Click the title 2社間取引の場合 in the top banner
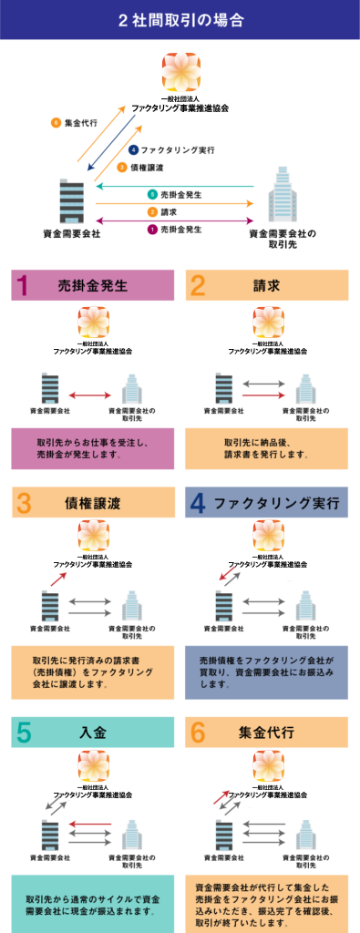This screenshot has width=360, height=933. click(180, 20)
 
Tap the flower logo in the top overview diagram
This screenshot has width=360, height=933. click(180, 71)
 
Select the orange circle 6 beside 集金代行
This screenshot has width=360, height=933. click(56, 123)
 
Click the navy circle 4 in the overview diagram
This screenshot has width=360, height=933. click(133, 150)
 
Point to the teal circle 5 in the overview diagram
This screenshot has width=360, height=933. click(152, 195)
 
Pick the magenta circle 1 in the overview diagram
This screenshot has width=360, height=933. click(152, 229)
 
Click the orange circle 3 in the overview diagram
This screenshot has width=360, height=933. click(122, 168)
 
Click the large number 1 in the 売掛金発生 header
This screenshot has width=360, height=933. click(22, 285)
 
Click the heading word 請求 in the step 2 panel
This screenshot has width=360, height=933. click(266, 285)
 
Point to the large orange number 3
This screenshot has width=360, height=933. click(24, 503)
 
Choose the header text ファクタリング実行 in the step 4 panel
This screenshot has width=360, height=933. click(276, 503)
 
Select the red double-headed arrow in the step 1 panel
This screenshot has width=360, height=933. click(90, 395)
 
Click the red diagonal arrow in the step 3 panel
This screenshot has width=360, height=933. click(59, 578)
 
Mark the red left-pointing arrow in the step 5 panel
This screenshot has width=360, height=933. click(90, 824)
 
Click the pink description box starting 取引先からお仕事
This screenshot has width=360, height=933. click(93, 448)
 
